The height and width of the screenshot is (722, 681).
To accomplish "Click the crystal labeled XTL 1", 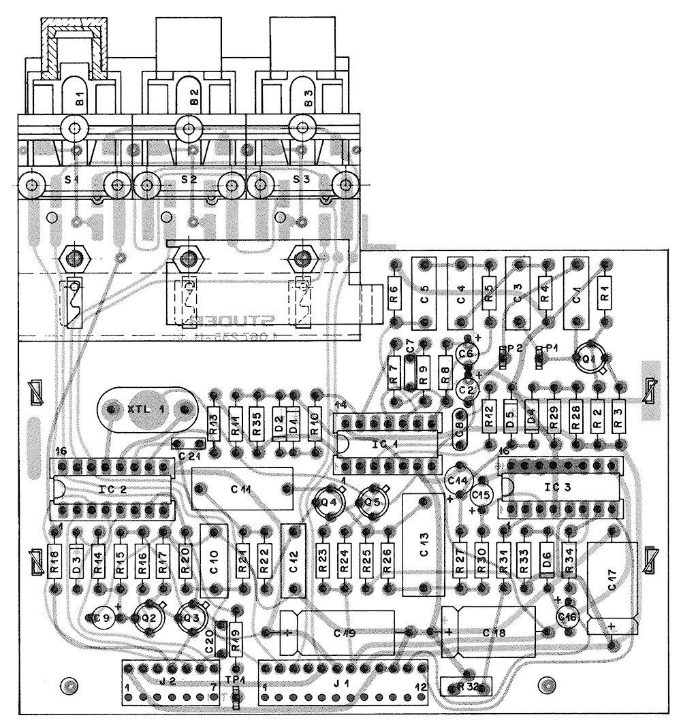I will click(146, 409).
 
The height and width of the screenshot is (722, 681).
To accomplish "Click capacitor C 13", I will click(424, 545).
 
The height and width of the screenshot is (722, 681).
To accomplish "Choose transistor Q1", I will click(586, 359).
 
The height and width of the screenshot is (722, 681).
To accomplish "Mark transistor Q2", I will click(148, 617).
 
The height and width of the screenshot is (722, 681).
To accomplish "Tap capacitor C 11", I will click(242, 489).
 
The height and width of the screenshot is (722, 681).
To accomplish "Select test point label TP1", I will click(235, 680).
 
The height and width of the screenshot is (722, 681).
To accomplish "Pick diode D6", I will click(546, 559).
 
